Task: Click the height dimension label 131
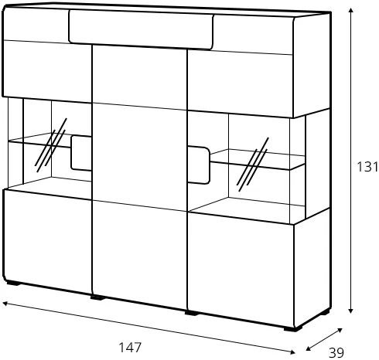(367, 167)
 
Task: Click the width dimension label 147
(130, 348)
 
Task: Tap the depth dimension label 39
(336, 352)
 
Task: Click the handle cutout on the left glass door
(81, 153)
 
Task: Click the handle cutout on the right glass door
(198, 165)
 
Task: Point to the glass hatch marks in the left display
(50, 145)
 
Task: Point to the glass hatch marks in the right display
(252, 165)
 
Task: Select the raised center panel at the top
(141, 29)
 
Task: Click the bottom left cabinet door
(48, 241)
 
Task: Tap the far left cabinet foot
(13, 284)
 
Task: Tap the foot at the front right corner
(293, 328)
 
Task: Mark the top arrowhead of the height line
(350, 10)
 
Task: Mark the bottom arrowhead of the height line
(350, 311)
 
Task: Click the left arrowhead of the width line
(5, 304)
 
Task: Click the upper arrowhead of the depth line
(340, 330)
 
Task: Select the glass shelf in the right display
(258, 160)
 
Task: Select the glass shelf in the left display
(39, 141)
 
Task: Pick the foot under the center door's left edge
(97, 297)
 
